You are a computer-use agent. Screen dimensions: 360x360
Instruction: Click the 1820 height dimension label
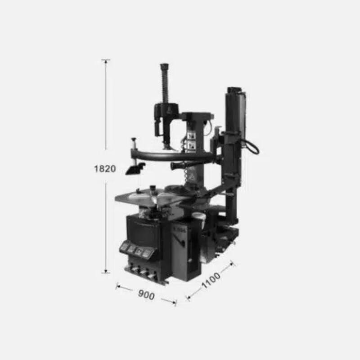[x=105, y=169]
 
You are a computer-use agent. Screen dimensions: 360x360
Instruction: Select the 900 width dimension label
[x=147, y=295]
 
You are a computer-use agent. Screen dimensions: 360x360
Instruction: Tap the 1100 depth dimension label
[x=211, y=280]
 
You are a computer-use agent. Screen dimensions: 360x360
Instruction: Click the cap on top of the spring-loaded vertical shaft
[x=165, y=67]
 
